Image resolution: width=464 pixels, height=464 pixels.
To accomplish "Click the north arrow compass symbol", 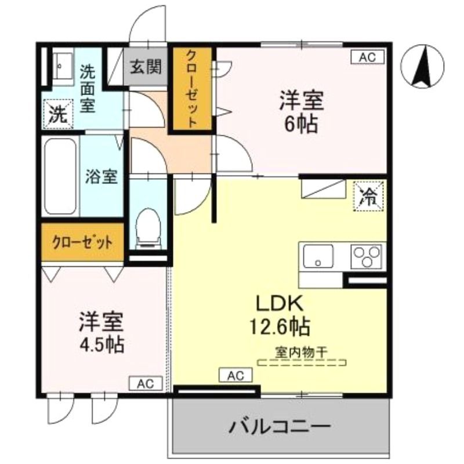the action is coord(422,66).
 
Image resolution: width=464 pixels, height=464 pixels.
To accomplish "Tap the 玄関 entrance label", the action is coord(146,67).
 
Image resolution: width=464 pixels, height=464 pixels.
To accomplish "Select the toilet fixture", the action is coord(148,229).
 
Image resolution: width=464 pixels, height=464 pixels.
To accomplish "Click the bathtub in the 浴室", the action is coord(60,176).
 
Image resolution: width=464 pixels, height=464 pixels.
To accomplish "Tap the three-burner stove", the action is coord(367,256).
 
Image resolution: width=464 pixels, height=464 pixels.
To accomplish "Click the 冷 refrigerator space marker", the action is coord(368,197).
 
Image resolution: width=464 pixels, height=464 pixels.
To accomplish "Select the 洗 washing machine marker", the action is coord(58,114).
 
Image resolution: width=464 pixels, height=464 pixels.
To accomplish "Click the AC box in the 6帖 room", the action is coord(368,57).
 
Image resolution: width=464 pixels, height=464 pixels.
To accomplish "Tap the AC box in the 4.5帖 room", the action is coord(146,383).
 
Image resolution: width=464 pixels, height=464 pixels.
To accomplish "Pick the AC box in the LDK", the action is coord(235,375).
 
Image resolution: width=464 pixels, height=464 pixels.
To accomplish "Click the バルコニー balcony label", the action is coord(280,427).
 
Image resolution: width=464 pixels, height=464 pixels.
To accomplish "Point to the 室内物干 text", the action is coord(301,352).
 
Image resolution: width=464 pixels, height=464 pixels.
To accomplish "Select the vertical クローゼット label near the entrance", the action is coord(192,89).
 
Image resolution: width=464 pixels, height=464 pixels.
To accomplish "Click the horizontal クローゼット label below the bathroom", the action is coord(82,242).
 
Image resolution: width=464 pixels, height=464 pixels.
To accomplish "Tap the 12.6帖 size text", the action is coord(280,326).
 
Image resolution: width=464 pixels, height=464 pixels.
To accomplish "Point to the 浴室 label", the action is coord(101,177).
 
